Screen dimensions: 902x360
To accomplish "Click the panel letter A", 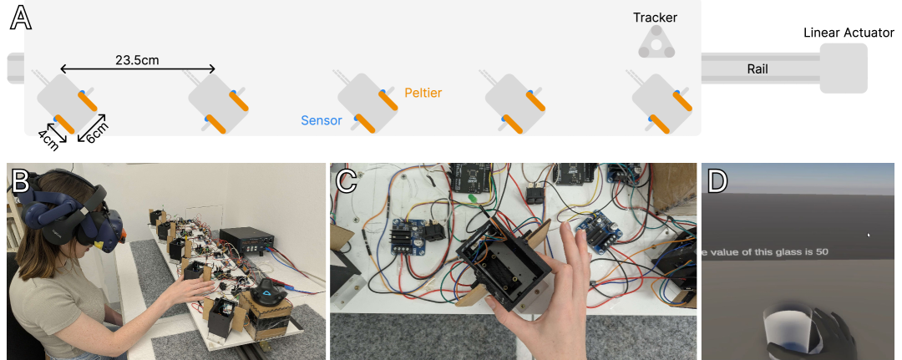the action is point(20,18).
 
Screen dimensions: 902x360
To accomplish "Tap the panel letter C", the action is point(347,180).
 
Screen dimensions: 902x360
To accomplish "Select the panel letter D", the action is point(717,180).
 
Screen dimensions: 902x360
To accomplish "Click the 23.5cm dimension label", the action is point(137,60).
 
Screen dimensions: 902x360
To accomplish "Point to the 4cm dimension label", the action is point(48,139).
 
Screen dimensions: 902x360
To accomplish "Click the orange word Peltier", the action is point(423,93).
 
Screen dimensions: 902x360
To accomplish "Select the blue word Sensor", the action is point(322,121).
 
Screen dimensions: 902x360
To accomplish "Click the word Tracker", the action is point(656,18).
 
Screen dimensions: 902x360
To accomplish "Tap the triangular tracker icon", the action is point(656,43).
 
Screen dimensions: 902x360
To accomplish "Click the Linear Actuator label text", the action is point(849,33).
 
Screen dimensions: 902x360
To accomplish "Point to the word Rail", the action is point(758,69).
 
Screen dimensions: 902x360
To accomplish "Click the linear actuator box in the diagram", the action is point(844,68).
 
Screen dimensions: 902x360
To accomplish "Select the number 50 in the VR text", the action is point(822,252).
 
